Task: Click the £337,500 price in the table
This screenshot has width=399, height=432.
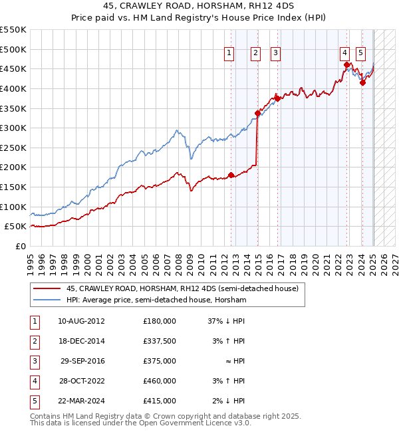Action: click(x=159, y=341)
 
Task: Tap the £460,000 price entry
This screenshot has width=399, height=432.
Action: click(x=159, y=381)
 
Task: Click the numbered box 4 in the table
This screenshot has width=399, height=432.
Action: click(x=33, y=381)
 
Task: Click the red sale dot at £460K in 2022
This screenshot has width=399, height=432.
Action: click(x=347, y=64)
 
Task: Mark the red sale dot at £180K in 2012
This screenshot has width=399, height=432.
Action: click(x=231, y=175)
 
